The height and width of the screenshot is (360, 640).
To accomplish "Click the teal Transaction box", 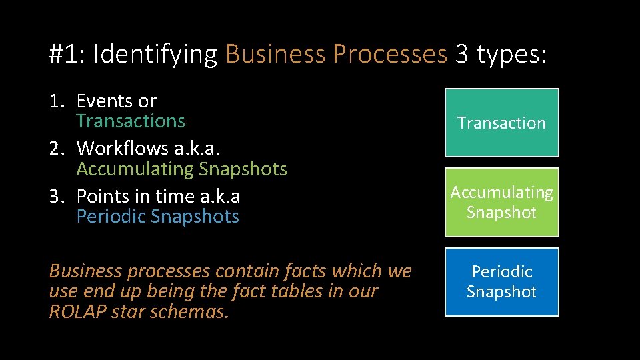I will (x=501, y=123).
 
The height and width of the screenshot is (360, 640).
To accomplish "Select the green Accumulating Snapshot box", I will (x=501, y=202).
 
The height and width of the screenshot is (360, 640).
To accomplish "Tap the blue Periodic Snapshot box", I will (x=501, y=281).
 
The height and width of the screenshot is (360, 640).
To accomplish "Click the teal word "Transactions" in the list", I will (x=131, y=121).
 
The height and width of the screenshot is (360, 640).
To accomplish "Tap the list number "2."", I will (x=58, y=149).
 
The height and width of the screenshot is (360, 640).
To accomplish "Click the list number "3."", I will (x=58, y=197).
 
